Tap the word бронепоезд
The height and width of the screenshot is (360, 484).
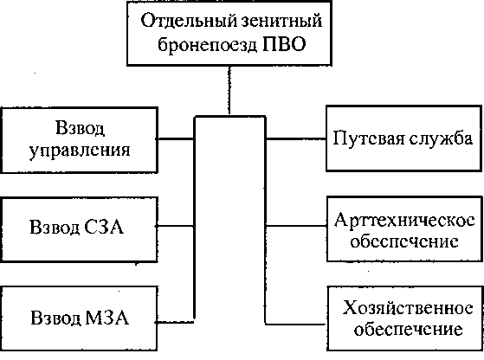208,45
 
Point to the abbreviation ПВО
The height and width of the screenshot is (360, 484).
284,44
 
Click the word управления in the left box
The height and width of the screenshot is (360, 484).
80,151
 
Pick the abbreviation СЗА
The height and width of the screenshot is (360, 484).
103,227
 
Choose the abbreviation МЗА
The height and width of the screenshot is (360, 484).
106,317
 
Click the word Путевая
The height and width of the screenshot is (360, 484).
369,138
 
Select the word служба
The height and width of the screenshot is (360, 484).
441,138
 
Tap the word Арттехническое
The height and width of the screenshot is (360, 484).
404,220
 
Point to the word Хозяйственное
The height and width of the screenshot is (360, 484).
408,307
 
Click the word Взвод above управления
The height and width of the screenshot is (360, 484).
80,128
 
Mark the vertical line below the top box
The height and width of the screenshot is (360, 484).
229,90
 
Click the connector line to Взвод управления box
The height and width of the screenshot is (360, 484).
175,138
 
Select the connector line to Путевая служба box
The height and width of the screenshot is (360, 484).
296,139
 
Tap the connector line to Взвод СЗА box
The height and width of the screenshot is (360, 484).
175,226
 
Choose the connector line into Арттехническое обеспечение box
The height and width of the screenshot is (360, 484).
296,226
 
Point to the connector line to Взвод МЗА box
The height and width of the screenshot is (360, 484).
174,323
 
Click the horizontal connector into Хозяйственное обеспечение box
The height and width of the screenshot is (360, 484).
296,325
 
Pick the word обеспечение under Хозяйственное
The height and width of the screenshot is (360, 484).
408,330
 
